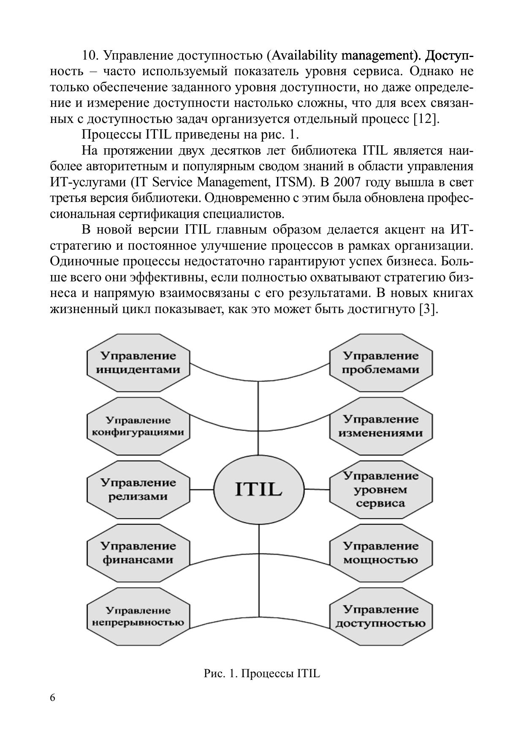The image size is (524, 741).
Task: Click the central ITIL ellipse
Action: pos(258,490)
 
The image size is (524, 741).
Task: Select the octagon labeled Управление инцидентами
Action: pos(138,362)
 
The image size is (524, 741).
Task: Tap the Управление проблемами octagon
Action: pos(380,362)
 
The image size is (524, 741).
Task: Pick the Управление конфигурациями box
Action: pos(138,426)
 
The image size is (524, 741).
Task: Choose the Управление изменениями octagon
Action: pos(380,426)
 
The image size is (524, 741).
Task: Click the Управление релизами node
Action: pos(138,490)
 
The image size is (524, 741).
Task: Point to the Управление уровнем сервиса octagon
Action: pos(380,490)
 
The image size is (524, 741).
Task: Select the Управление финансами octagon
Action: pos(138,553)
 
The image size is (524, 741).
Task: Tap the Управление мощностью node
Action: pos(380,553)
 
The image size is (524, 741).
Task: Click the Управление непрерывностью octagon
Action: pos(138,616)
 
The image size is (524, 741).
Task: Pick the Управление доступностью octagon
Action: pos(380,616)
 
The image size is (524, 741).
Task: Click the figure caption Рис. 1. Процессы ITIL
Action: pos(262,673)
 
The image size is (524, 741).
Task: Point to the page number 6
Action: pos(52,697)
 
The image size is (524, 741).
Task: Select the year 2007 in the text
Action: pos(347,183)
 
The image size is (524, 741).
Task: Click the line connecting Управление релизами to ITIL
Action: pos(202,490)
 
